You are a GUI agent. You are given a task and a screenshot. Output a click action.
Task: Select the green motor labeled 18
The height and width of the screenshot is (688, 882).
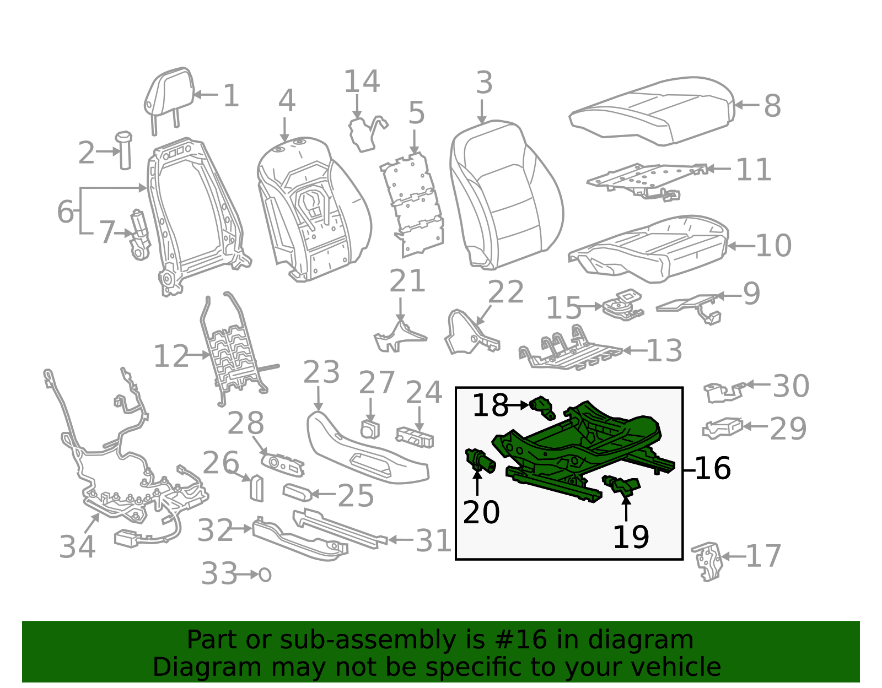(x=543, y=408)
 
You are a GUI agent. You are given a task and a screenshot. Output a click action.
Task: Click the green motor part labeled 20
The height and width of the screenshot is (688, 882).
(x=480, y=461)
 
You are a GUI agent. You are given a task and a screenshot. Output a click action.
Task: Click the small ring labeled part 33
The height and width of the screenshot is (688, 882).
(x=265, y=575)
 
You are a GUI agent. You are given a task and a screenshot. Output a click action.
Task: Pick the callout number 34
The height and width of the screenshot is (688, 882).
(x=77, y=547)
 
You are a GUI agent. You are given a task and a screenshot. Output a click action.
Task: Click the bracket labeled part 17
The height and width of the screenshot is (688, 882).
(x=708, y=560)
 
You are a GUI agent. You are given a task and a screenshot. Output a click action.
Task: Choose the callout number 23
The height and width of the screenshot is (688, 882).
(x=321, y=372)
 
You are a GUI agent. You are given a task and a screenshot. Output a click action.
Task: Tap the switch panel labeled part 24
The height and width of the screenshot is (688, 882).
(x=415, y=437)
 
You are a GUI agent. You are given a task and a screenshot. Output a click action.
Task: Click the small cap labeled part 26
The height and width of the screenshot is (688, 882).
(x=257, y=487)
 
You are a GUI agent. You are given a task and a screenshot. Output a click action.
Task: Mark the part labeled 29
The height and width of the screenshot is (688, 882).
(x=722, y=428)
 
